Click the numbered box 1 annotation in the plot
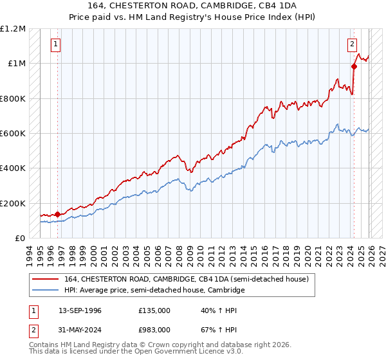coord(56,44)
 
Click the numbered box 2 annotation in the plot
coord(353,44)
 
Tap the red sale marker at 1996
coord(58,214)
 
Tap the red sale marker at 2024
coord(354,66)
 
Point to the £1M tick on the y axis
coord(17,63)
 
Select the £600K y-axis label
coord(13,133)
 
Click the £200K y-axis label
coord(13,203)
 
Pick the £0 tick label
coord(21,238)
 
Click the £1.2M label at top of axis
coord(14,28)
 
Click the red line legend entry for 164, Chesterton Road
coord(187,279)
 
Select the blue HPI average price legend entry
coord(154,291)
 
